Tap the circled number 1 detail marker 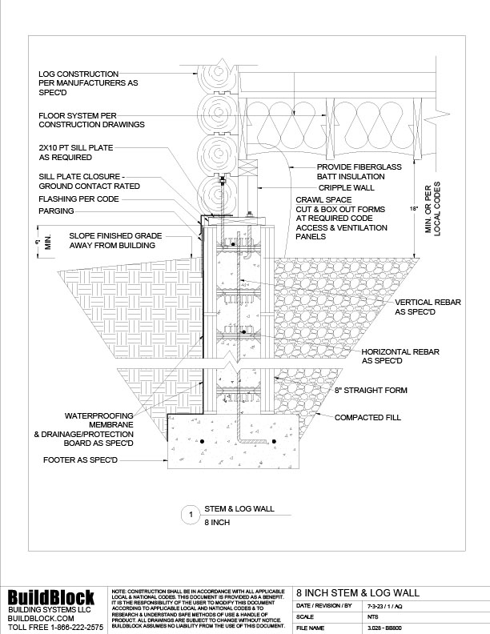coord(190,515)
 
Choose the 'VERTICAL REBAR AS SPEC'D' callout coord(431,309)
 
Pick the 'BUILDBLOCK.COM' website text coord(41,619)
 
